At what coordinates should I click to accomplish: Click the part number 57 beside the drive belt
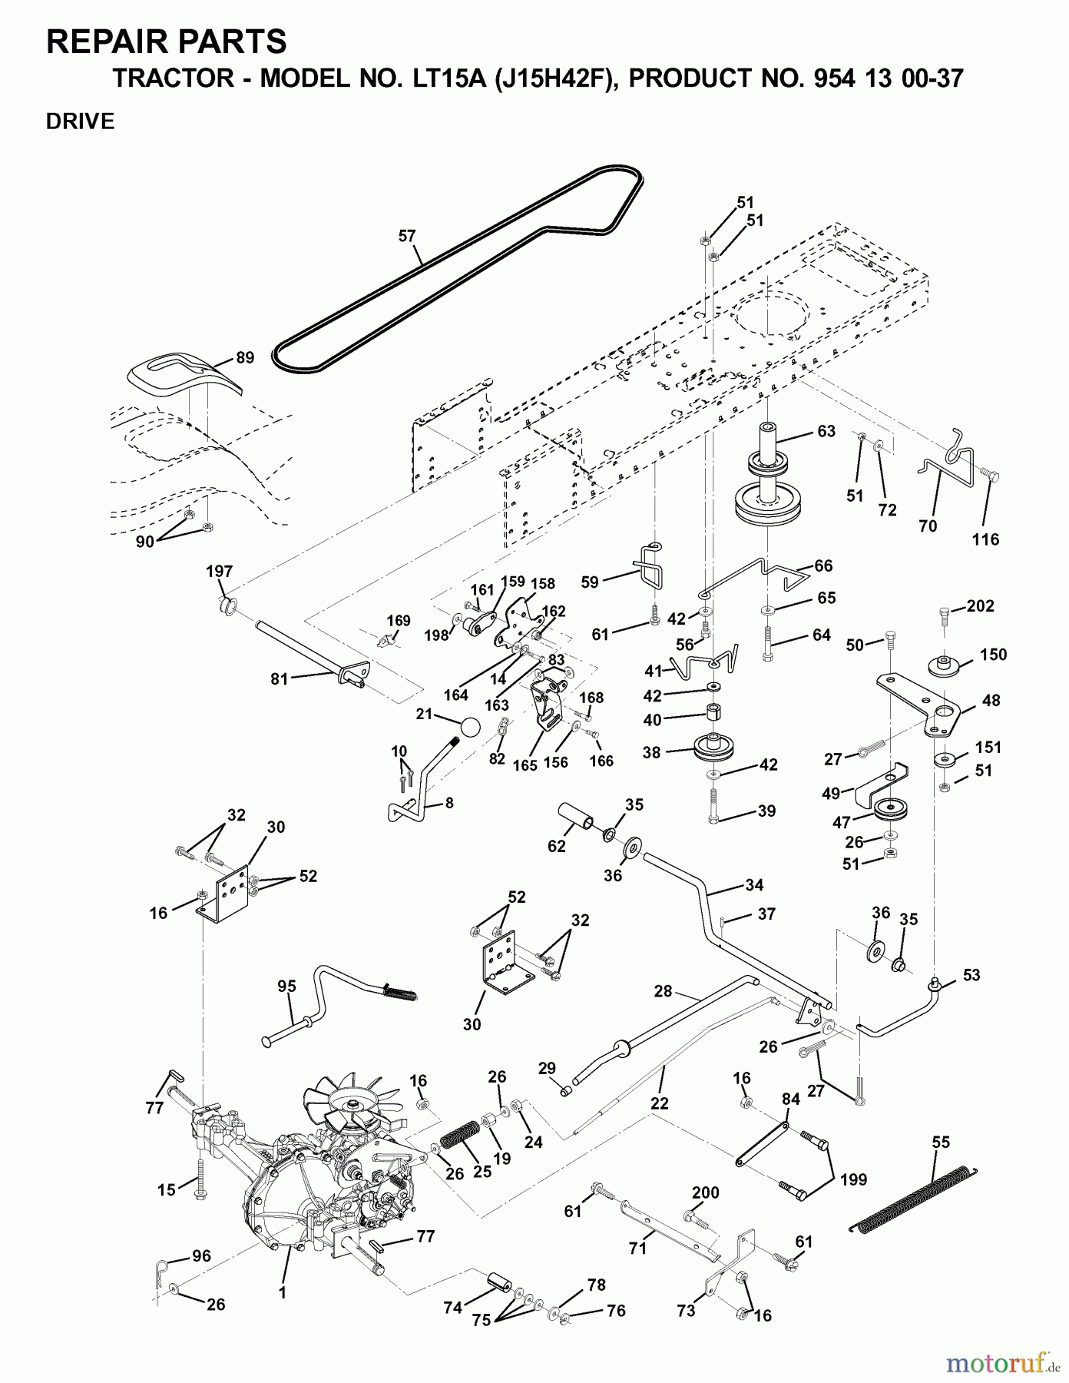[x=407, y=236]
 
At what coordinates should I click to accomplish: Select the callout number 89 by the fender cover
[x=244, y=357]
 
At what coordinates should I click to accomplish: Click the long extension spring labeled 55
[x=914, y=1199]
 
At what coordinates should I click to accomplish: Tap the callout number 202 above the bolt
[x=980, y=605]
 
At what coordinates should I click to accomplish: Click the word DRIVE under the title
[x=80, y=121]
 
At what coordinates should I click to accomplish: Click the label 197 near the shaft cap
[x=219, y=572]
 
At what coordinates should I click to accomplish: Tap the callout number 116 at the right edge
[x=985, y=539]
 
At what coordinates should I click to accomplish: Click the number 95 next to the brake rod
[x=286, y=987]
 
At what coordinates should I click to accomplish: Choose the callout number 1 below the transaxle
[x=282, y=1292]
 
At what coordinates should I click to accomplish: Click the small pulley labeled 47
[x=889, y=809]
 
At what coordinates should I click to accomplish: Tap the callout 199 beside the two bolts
[x=854, y=1179]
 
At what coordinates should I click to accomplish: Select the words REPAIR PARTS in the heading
[x=167, y=41]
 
